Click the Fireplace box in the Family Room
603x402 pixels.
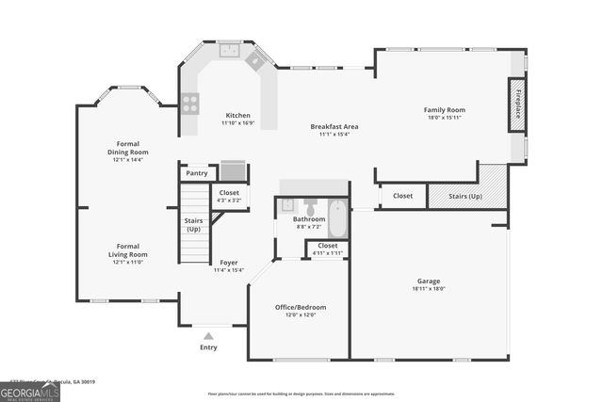pyautogui.click(x=518, y=109)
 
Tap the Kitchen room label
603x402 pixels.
pyautogui.click(x=236, y=115)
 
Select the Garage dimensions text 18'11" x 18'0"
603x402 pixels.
pyautogui.click(x=429, y=289)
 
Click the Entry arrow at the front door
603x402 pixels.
pyautogui.click(x=208, y=335)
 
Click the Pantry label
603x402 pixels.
pyautogui.click(x=197, y=173)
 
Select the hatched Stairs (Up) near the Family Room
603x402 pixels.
pyautogui.click(x=467, y=196)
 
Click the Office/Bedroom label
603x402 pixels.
pyautogui.click(x=300, y=308)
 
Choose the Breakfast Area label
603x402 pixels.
pyautogui.click(x=334, y=126)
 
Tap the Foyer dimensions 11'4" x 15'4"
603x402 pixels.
pyautogui.click(x=229, y=270)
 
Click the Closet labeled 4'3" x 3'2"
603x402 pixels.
pyautogui.click(x=229, y=196)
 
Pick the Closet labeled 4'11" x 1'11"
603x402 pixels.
pyautogui.click(x=327, y=249)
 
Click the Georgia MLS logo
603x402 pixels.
pyautogui.click(x=30, y=393)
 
